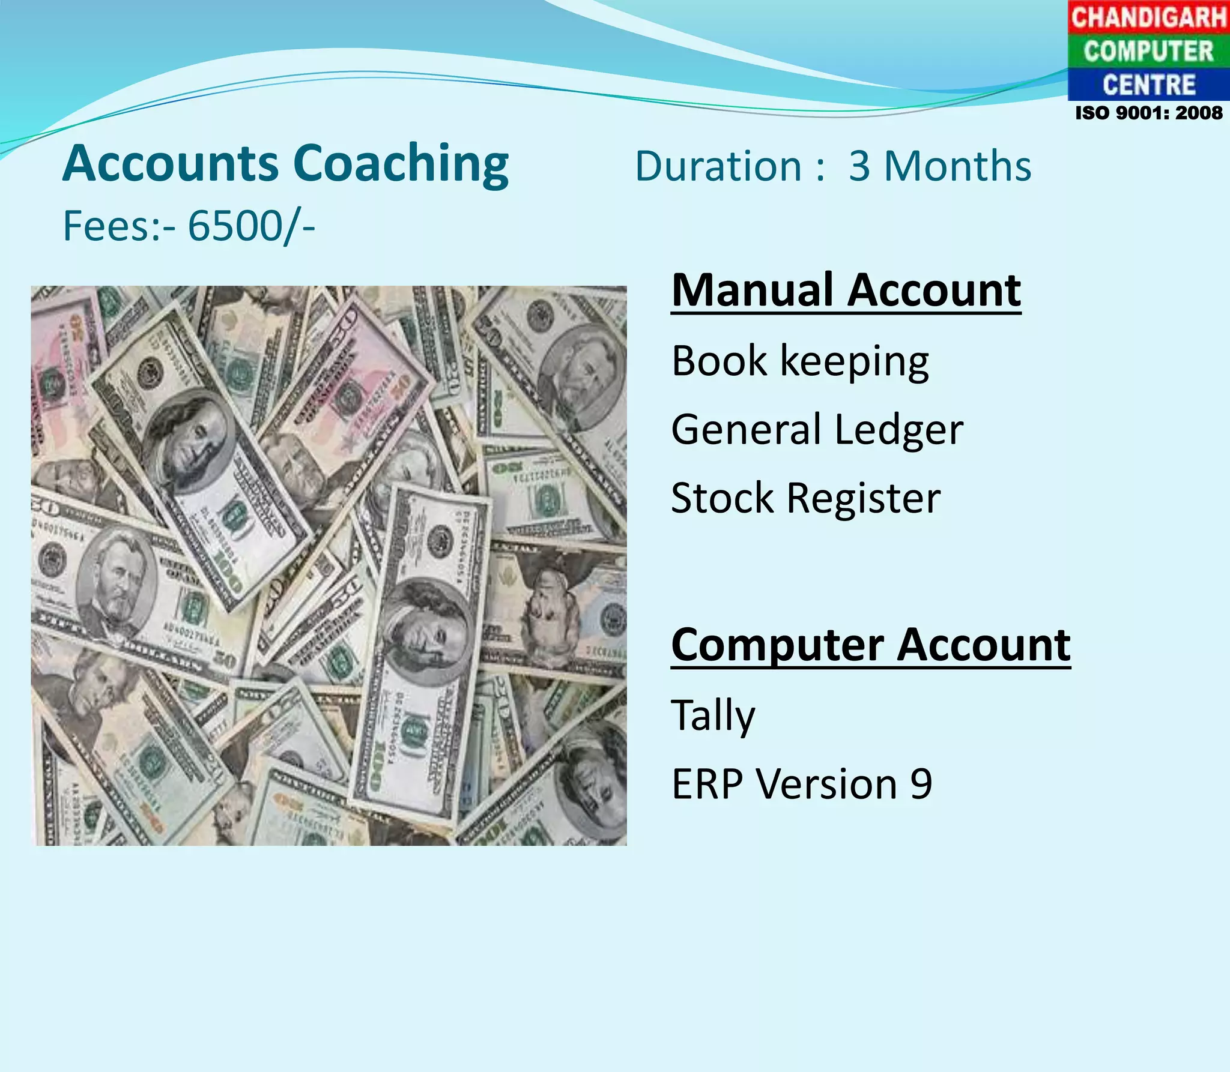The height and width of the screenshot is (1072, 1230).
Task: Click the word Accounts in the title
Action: [x=171, y=163]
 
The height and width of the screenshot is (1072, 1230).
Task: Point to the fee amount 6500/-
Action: [x=251, y=226]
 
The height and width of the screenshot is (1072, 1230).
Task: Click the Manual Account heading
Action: [x=846, y=291]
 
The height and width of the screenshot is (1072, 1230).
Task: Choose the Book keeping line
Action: [x=800, y=361]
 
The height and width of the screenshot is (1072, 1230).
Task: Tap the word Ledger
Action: [x=898, y=430]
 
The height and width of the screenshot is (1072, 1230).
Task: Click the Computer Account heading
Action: [x=870, y=645]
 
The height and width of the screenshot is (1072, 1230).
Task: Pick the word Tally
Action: [x=713, y=715]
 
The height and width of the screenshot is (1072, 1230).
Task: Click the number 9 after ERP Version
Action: [x=921, y=784]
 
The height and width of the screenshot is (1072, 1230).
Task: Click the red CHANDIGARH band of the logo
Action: [x=1148, y=17]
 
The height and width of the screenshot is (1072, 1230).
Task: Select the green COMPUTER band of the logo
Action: [x=1148, y=51]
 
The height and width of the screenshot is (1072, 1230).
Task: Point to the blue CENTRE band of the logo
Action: [x=1148, y=85]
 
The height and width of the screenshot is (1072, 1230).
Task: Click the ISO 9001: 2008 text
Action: [x=1148, y=113]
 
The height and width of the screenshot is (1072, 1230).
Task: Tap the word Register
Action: [x=863, y=498]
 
